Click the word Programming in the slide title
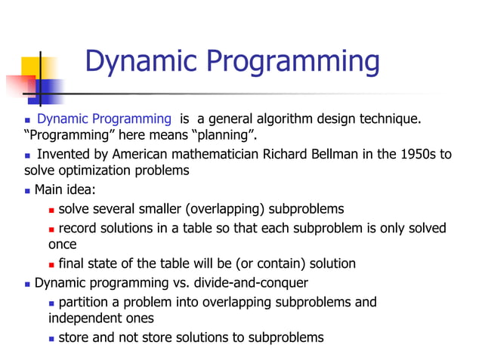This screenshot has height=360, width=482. coord(294,62)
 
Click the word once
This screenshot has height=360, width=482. coord(63,245)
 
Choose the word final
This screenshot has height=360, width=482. coord(72,263)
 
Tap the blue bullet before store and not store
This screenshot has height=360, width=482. coord(51,338)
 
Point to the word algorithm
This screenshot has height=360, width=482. coord(274,119)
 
